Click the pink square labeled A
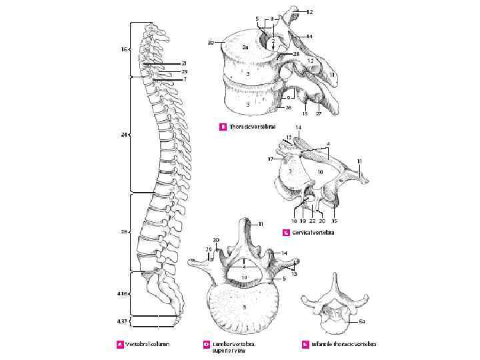(x=120, y=345)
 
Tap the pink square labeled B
(x=223, y=127)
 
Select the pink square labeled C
(x=285, y=233)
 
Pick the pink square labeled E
(x=305, y=345)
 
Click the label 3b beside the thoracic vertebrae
(x=211, y=42)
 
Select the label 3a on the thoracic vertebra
(x=245, y=47)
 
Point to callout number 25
(x=296, y=53)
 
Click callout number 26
(x=288, y=107)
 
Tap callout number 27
(x=319, y=113)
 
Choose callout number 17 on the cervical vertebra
(x=271, y=159)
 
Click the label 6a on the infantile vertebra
(x=361, y=321)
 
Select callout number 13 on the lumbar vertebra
(x=294, y=274)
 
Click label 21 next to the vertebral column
(x=184, y=63)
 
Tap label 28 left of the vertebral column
(x=124, y=232)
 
